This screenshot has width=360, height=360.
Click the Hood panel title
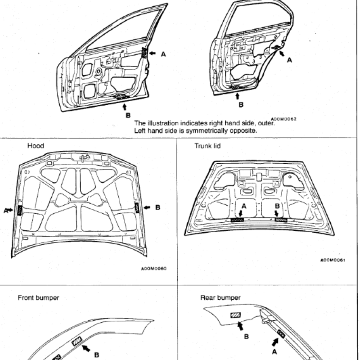[36, 146]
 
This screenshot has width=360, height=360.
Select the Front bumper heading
[38, 297]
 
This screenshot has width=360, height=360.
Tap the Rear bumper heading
[220, 297]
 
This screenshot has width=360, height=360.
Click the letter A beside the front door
[163, 54]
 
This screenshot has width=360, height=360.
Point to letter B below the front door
[127, 114]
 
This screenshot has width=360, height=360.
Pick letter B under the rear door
[241, 105]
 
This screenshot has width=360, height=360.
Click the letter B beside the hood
[158, 207]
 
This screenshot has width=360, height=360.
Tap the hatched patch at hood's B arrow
[136, 208]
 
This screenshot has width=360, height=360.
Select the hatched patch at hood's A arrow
[20, 209]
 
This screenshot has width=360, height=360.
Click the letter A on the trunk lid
[243, 206]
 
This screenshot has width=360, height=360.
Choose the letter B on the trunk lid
[278, 206]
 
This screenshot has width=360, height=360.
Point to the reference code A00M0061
[333, 260]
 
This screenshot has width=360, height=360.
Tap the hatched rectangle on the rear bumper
[235, 316]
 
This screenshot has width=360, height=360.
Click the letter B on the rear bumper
[246, 335]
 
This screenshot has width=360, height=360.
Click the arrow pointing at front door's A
[153, 54]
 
